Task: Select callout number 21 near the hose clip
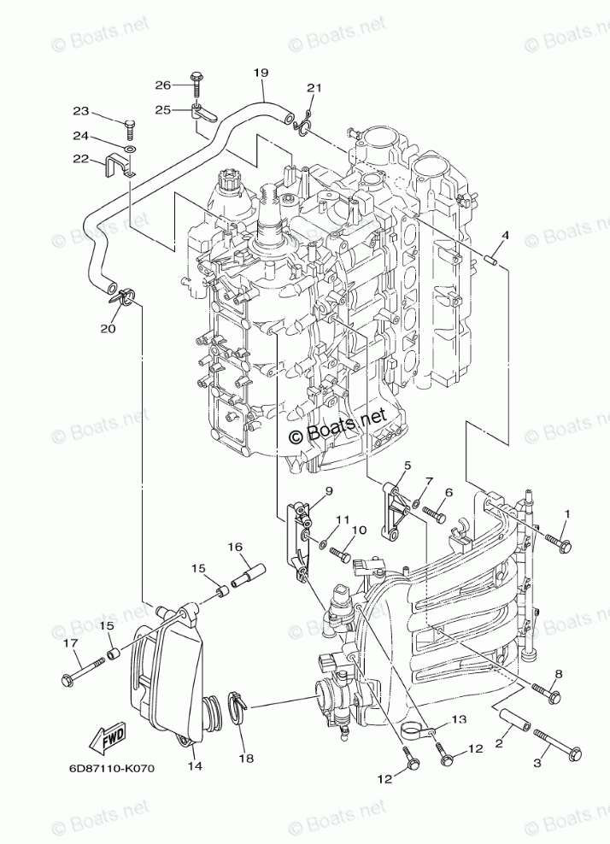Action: [x=313, y=88]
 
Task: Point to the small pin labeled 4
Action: [x=492, y=256]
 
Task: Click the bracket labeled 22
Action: [x=121, y=165]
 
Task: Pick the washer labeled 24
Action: [x=129, y=149]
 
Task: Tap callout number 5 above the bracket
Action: [x=408, y=465]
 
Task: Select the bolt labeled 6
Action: [x=434, y=515]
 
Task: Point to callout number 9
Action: [x=328, y=490]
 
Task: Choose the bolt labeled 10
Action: [x=339, y=554]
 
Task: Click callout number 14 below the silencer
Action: [x=195, y=765]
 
